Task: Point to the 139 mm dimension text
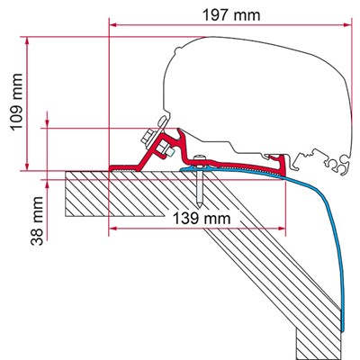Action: (x=198, y=218)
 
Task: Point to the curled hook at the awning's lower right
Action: (x=338, y=164)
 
